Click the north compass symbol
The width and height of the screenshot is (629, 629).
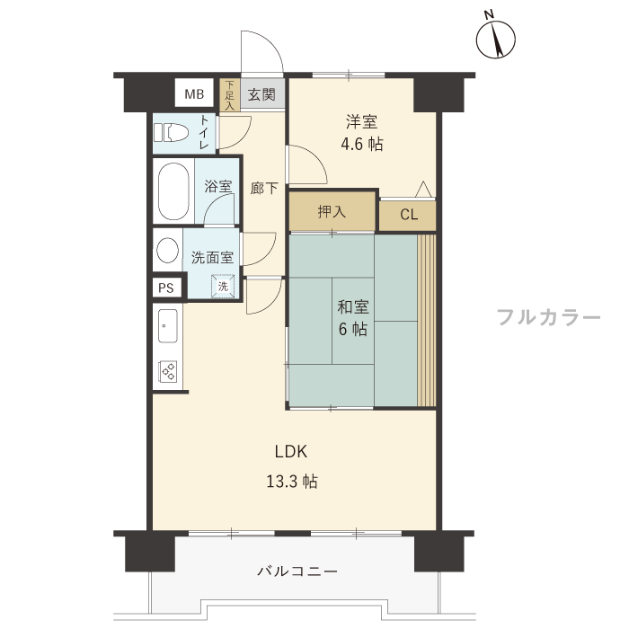tap(495, 39)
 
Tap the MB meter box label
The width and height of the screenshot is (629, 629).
tap(194, 94)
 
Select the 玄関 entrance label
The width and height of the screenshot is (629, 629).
tap(261, 95)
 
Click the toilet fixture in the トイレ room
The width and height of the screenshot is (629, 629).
tap(172, 132)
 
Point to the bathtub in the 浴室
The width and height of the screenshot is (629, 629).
tap(173, 190)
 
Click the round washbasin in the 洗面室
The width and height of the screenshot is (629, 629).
tap(168, 250)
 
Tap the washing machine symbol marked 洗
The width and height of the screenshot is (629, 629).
tap(223, 286)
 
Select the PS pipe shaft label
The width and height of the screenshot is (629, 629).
tap(166, 288)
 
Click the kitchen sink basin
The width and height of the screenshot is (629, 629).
tap(168, 326)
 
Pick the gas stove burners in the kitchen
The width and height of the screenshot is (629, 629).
tap(168, 371)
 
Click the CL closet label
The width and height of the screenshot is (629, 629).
tap(409, 215)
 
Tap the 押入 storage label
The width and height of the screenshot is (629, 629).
tap(332, 211)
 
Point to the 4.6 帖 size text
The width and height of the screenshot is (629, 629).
tap(362, 144)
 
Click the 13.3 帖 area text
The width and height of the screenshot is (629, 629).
tap(292, 481)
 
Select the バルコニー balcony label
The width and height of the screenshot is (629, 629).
tap(297, 571)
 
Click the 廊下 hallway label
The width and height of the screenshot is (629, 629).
tap(264, 188)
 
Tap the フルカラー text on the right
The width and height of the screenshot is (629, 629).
tap(549, 317)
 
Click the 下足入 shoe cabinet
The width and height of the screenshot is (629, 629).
tap(229, 95)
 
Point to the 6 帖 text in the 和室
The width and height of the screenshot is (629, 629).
tap(352, 330)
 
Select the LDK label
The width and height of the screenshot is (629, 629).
tap(291, 452)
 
